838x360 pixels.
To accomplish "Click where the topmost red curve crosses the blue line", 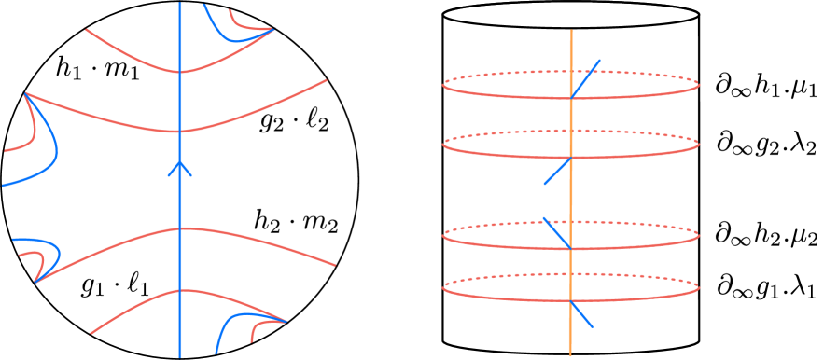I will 180,72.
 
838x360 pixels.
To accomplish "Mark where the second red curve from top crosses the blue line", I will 180,132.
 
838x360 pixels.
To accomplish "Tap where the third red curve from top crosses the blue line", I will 180,228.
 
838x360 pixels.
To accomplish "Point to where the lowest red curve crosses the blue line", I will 180,291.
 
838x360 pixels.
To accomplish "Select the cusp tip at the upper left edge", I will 25,93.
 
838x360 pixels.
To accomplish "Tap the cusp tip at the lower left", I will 35,282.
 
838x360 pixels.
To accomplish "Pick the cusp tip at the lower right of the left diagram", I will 286,322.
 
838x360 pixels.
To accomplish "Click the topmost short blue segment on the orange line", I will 585,78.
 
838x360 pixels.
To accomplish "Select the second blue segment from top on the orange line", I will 558,171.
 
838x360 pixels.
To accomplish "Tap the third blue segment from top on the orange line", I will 556,233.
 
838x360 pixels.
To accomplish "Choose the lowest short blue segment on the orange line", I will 581,313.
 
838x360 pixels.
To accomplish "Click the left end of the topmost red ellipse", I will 442,86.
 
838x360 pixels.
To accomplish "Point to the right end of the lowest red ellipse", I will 700,287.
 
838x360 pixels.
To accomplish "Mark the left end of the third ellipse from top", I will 442,236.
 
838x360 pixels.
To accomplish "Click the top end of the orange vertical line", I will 571,31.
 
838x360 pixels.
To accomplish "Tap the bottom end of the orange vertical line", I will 570,354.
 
